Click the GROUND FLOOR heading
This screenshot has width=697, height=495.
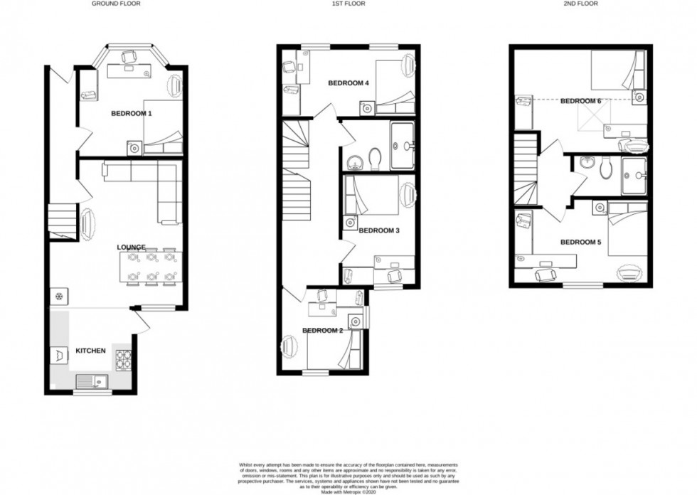[x=116, y=4]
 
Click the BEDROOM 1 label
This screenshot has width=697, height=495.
[x=132, y=113]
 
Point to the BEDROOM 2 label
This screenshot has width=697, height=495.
[x=323, y=330]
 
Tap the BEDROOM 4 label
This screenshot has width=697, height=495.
[x=348, y=83]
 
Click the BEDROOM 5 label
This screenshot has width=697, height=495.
[x=580, y=243]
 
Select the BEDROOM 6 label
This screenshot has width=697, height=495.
[x=580, y=101]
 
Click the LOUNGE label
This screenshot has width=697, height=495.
[x=132, y=247]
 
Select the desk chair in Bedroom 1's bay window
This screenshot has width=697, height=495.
[x=129, y=56]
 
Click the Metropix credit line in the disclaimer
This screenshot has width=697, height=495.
[x=348, y=489]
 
